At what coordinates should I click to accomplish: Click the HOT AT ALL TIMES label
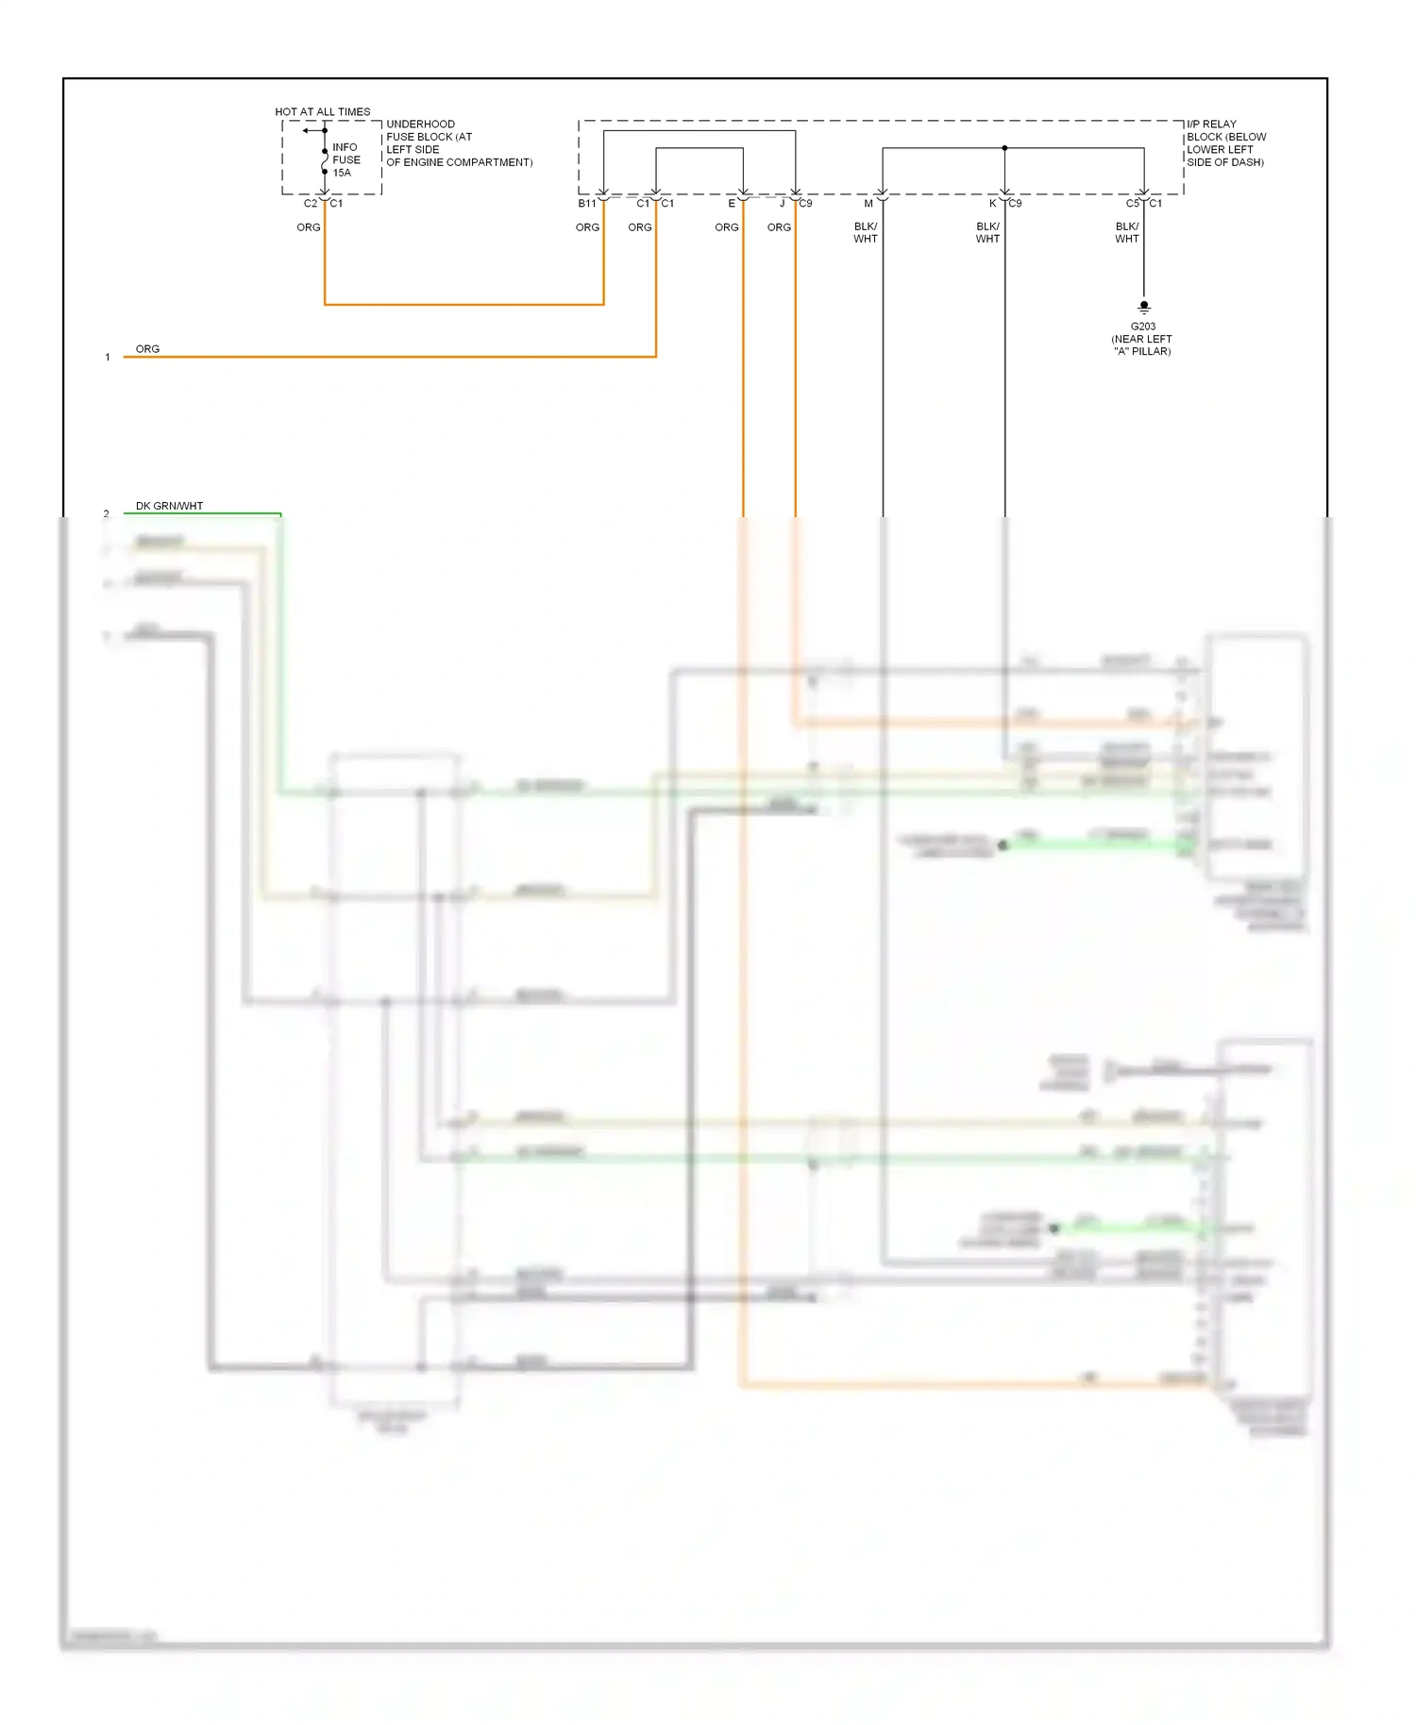click(322, 111)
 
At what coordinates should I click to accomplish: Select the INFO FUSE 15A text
click(346, 159)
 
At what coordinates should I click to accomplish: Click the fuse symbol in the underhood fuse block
click(325, 161)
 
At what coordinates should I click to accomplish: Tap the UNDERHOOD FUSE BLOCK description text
click(459, 142)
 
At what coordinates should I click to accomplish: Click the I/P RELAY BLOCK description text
click(1225, 142)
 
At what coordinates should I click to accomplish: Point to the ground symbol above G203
click(1144, 308)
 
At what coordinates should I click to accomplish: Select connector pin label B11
click(586, 204)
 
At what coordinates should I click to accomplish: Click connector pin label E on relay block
click(732, 204)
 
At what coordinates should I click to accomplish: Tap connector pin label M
click(868, 204)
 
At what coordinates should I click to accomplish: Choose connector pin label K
click(992, 204)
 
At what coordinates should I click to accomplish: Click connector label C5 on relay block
click(1132, 204)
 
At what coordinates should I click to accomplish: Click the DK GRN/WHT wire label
click(169, 506)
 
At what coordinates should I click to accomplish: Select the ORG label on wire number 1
click(147, 349)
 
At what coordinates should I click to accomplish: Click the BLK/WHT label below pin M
click(866, 232)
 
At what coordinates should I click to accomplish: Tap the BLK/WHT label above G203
click(1127, 232)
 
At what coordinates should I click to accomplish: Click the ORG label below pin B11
click(587, 227)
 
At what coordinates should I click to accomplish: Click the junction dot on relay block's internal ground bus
click(1004, 148)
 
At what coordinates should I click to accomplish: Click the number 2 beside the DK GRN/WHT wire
click(107, 514)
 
